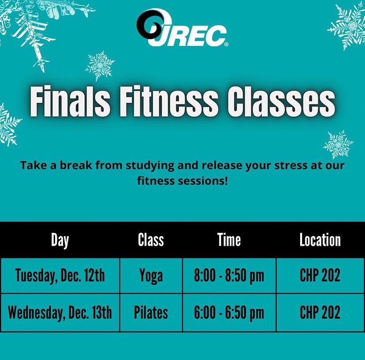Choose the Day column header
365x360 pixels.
coord(60,240)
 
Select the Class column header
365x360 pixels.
coord(151,240)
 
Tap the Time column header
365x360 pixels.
coord(229,240)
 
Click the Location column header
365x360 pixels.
coord(320,240)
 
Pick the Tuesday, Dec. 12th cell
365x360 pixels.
coord(60,276)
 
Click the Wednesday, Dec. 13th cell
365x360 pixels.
coord(60,313)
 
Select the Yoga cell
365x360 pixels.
coord(151,276)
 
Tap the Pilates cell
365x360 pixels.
coord(151,313)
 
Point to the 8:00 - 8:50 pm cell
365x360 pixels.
coord(229,276)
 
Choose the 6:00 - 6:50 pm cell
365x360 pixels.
coord(229,313)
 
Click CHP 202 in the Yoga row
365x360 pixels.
coord(320,276)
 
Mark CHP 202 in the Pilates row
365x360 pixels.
coord(320,313)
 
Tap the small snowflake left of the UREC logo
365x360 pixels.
coord(100,65)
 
